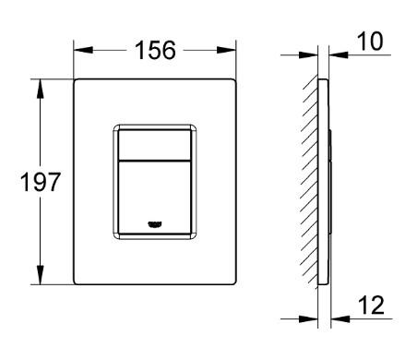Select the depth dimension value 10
point(370,41)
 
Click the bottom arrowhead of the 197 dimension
point(40,280)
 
